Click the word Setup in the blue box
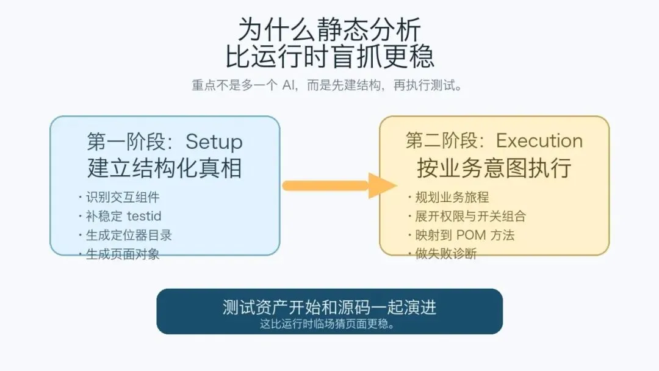pyautogui.click(x=214, y=142)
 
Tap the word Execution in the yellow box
pyautogui.click(x=539, y=141)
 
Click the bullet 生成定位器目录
pyautogui.click(x=129, y=235)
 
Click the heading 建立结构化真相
pyautogui.click(x=165, y=168)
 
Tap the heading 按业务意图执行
pyautogui.click(x=494, y=168)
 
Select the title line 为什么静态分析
pyautogui.click(x=329, y=29)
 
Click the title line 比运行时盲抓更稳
pyautogui.click(x=329, y=57)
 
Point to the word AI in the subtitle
pyautogui.click(x=289, y=85)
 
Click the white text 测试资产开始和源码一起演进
pyautogui.click(x=329, y=307)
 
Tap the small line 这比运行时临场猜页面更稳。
pyautogui.click(x=329, y=323)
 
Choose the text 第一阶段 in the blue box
pyautogui.click(x=126, y=142)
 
